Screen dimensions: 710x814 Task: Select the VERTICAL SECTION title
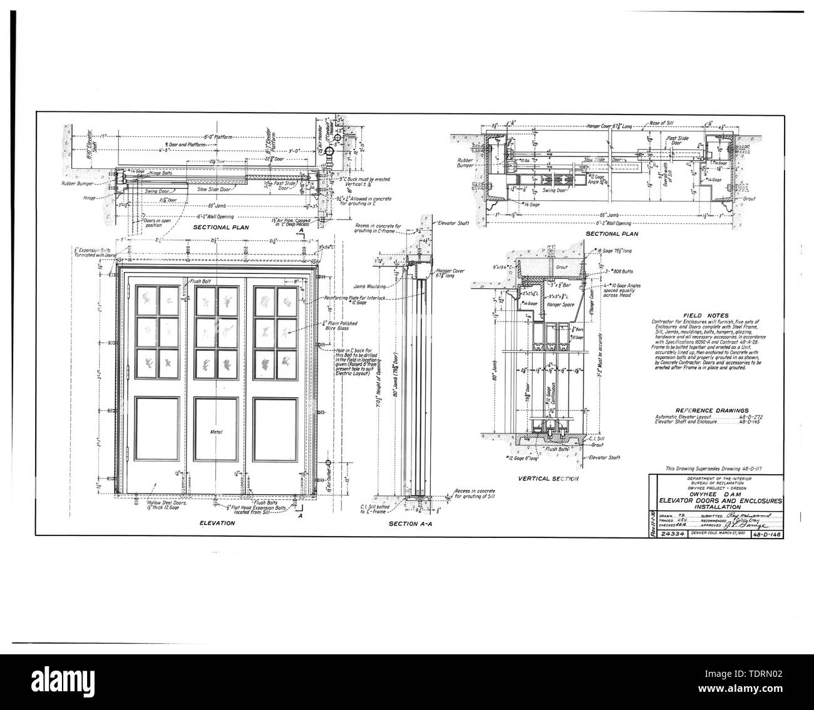[x=548, y=479]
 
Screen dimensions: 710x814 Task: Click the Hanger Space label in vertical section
[x=560, y=304]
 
